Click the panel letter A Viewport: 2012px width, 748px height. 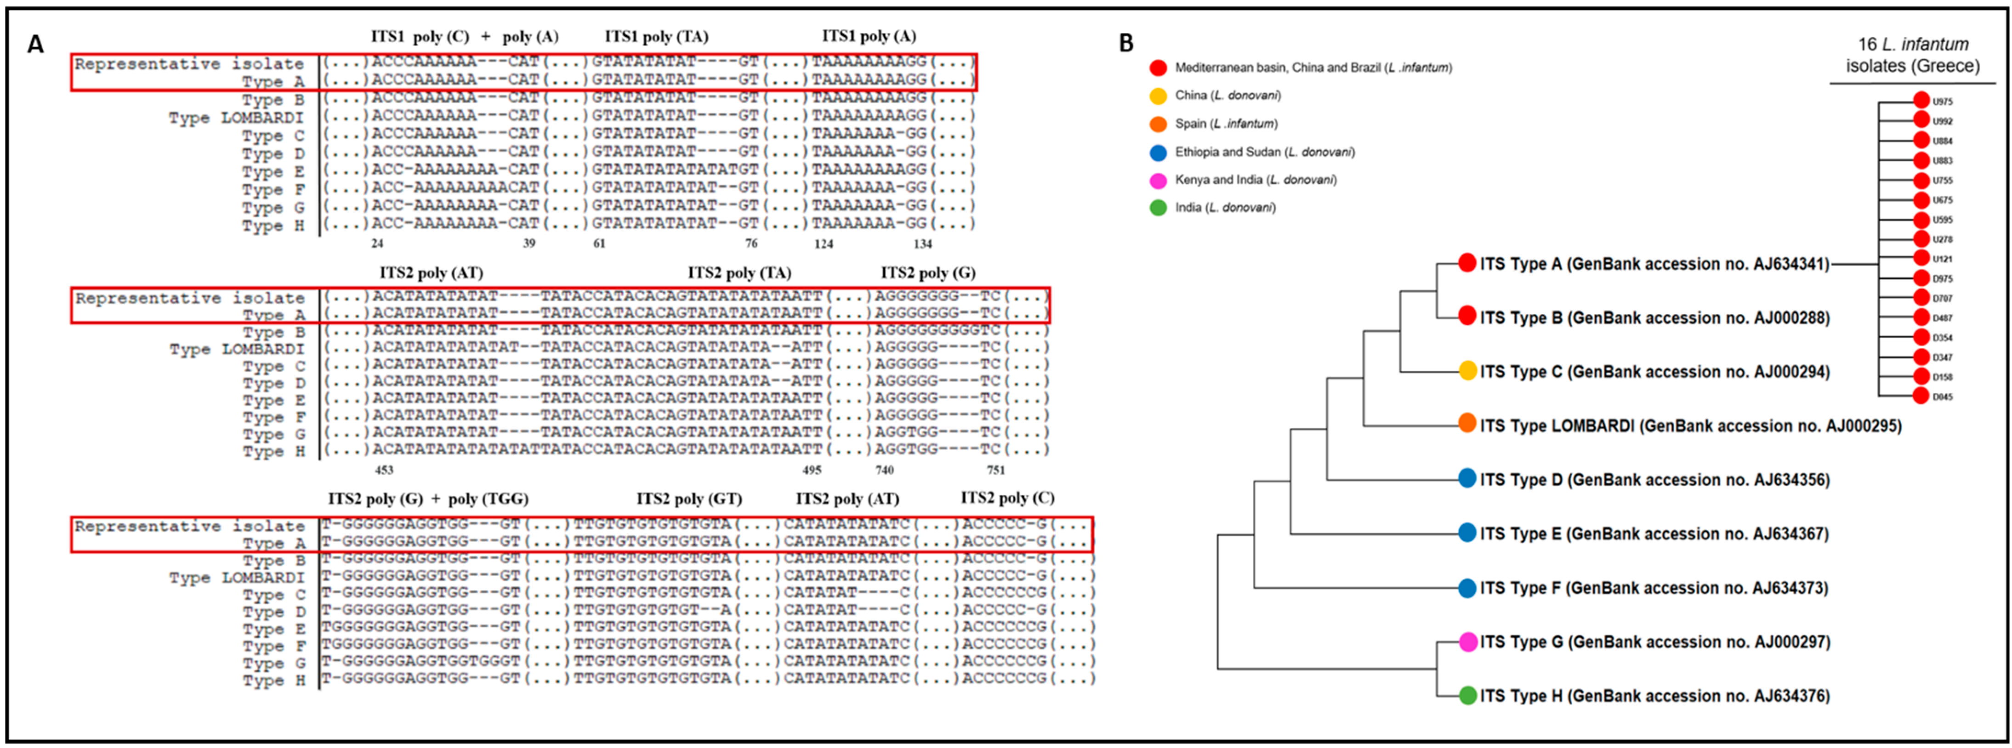tap(35, 45)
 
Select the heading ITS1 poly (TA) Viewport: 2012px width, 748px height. tap(656, 37)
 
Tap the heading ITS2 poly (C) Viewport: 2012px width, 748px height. tap(1007, 498)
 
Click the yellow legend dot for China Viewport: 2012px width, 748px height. tap(1158, 96)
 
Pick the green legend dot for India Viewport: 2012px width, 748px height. tap(1158, 208)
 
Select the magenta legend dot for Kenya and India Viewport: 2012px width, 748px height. tap(1158, 181)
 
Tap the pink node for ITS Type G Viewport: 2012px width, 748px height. tap(1467, 642)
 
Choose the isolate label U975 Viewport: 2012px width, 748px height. tap(1943, 102)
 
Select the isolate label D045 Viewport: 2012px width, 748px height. tap(1943, 397)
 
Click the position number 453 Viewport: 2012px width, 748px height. tap(384, 470)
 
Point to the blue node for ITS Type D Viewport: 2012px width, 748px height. tap(1467, 479)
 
